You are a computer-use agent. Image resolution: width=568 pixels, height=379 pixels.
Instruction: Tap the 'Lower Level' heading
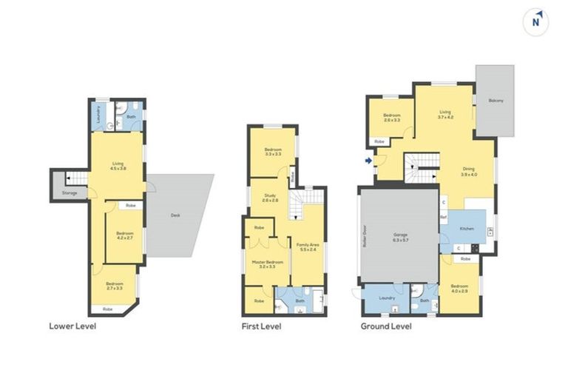(72, 326)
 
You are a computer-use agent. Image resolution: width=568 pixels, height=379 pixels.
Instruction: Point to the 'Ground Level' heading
(386, 326)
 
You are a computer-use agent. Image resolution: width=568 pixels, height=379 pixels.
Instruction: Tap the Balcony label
(496, 101)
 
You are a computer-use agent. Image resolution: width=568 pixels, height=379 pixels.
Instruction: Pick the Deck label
(175, 215)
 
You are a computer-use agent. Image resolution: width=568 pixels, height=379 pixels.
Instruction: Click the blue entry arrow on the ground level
(368, 159)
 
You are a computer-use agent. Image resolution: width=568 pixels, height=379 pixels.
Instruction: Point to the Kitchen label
(467, 229)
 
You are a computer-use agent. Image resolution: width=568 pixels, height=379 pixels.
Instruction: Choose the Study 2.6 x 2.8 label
(268, 198)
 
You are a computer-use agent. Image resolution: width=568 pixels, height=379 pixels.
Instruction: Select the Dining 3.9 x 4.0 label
(469, 171)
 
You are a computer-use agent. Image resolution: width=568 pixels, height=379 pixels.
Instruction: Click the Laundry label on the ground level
(386, 298)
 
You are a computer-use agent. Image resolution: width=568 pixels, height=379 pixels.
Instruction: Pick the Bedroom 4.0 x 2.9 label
(460, 288)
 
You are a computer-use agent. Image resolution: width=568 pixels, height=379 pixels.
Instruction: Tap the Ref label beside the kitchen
(443, 217)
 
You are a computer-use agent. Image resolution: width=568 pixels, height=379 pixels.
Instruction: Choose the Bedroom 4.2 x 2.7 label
(124, 236)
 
